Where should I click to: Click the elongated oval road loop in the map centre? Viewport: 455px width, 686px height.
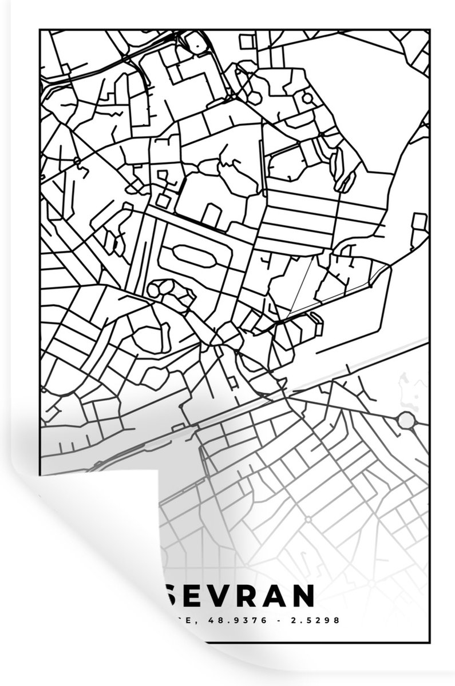[193, 255]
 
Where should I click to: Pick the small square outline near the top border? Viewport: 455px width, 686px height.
[247, 41]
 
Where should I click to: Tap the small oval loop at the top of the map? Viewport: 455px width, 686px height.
[195, 41]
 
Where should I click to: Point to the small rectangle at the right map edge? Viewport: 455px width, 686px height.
[420, 221]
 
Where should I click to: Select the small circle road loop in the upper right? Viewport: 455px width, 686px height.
[307, 98]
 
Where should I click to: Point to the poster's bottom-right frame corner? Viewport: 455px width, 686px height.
[429, 643]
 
